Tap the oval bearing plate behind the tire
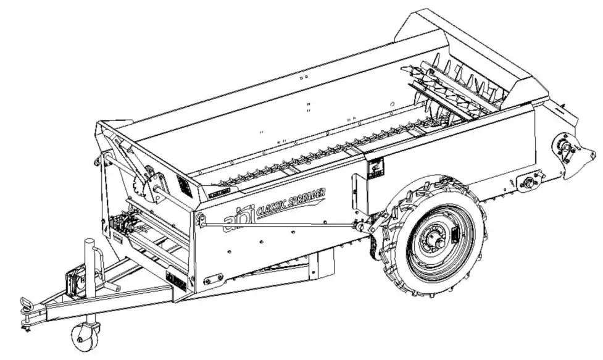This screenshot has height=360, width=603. point(530,182)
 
